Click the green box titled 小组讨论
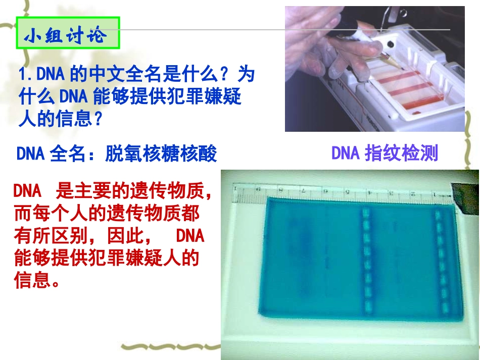point(68,34)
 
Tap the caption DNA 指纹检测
point(385,153)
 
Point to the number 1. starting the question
point(25,75)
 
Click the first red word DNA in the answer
point(27,191)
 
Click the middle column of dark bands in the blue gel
point(365,260)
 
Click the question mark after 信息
point(99,119)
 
